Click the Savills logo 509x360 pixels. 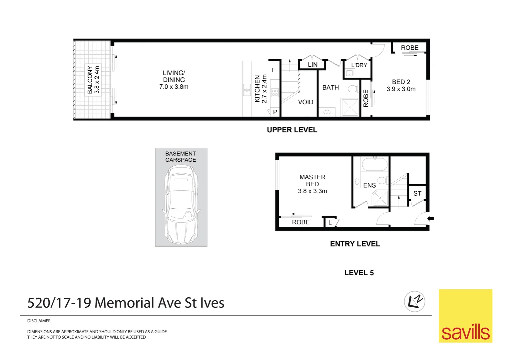click(466, 316)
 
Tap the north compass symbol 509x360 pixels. click(414, 302)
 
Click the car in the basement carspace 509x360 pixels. click(181, 204)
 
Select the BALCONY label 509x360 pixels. click(90, 80)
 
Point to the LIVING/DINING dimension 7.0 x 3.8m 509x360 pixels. click(174, 87)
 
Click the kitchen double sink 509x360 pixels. click(247, 90)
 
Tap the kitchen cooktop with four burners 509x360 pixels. click(275, 93)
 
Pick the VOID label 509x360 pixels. click(305, 102)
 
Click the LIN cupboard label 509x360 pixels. click(313, 65)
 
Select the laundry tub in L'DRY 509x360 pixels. click(349, 73)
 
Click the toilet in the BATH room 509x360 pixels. click(353, 89)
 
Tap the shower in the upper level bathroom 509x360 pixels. click(350, 107)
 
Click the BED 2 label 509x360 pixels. click(401, 82)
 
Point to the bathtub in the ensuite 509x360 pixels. click(375, 164)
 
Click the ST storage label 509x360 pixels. click(417, 193)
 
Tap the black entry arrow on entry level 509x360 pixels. click(431, 219)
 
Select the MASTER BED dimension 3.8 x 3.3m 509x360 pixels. click(312, 191)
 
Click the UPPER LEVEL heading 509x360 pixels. click(292, 130)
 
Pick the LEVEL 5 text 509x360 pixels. click(359, 273)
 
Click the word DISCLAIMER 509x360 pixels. click(39, 321)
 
